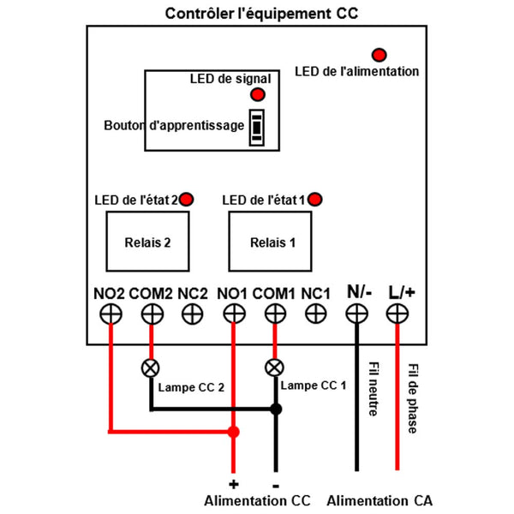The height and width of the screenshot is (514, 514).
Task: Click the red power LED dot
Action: point(376,53)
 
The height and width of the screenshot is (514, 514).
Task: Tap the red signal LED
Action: point(257,94)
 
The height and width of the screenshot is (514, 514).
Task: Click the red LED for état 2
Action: point(186,200)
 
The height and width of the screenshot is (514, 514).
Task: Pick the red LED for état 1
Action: point(315,200)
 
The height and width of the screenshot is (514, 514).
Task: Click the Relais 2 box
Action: point(148,242)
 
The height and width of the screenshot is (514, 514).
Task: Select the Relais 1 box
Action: point(272,242)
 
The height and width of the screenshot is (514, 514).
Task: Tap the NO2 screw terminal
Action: point(110,314)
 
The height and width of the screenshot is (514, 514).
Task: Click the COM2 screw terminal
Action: point(152,314)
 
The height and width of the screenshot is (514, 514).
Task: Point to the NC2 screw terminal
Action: point(193,314)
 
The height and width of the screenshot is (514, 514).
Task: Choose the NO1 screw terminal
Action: point(233,314)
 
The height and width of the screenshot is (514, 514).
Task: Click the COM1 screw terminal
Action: point(274,314)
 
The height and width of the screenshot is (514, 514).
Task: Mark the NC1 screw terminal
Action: point(315,314)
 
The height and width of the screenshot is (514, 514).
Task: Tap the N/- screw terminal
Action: point(356,314)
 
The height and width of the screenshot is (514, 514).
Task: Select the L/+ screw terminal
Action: point(397,314)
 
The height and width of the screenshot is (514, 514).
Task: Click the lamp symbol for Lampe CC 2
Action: point(152,369)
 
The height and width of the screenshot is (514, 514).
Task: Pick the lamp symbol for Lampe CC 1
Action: point(274,368)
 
